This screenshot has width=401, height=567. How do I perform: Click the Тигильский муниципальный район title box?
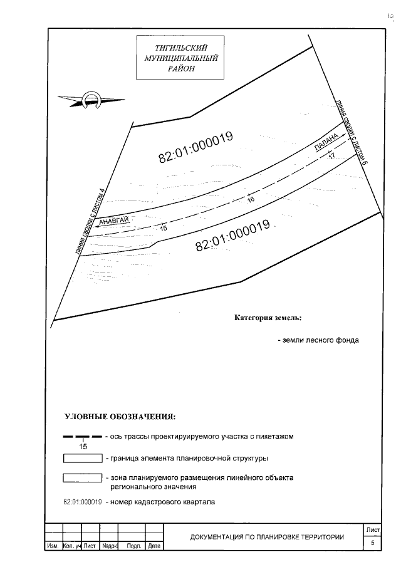181,58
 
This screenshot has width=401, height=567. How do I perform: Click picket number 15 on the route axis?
164,229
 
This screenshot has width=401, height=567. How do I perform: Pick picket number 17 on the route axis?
331,155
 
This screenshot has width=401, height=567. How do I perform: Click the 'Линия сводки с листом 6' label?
350,132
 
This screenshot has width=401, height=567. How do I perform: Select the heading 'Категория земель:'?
268,318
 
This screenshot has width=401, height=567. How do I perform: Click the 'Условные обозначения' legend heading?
120,417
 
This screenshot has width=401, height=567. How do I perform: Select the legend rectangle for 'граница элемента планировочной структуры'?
83,459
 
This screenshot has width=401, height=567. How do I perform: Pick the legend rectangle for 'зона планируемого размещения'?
83,479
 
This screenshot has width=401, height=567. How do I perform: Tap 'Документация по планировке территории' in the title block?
267,536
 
